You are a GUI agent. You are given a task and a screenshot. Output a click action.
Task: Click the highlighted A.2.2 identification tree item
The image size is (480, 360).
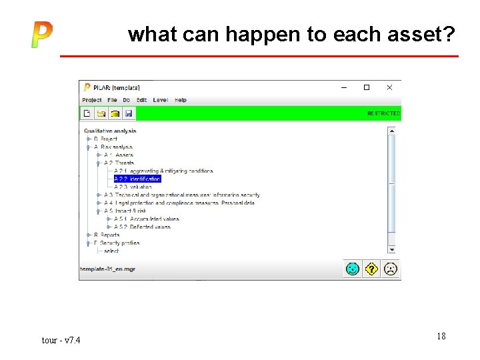pos(137,179)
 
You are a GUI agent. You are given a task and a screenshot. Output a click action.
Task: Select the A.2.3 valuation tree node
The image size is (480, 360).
pos(133,187)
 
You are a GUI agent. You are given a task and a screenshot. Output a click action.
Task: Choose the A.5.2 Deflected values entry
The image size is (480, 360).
pos(143,227)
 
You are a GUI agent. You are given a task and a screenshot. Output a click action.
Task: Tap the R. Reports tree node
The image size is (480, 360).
pos(107,235)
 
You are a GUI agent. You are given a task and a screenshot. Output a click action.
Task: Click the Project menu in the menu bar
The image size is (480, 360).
pos(92,100)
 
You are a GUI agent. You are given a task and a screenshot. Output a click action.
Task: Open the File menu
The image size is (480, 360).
pos(112,100)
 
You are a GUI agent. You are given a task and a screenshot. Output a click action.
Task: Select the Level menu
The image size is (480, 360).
pos(160,100)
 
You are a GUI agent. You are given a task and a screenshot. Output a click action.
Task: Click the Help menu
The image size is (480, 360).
pos(181,100)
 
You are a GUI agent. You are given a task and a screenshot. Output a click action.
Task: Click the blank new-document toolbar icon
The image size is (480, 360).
pos(87,114)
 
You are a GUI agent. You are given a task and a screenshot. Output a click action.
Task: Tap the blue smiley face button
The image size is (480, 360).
pos(353,269)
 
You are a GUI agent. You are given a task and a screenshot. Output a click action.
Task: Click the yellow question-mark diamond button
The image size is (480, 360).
pos(371,269)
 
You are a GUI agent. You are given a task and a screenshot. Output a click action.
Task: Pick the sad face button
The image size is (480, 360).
pos(391,269)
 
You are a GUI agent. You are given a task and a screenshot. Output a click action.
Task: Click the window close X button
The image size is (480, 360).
pos(389,87)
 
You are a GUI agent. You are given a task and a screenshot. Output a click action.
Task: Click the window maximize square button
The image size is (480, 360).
pos(366,87)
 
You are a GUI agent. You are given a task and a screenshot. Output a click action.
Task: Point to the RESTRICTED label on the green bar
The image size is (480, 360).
pos(383,114)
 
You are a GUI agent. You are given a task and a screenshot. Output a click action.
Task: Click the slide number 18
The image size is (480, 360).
pos(441,336)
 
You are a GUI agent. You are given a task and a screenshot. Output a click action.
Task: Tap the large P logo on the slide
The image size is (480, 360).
pos(41,35)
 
